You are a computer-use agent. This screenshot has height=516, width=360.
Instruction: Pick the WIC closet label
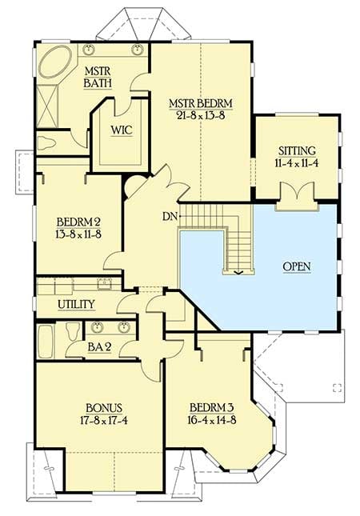click(x=121, y=130)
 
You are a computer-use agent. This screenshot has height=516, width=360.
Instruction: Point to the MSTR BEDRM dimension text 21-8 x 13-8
click(x=199, y=115)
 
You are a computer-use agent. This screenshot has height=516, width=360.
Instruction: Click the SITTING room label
click(x=296, y=150)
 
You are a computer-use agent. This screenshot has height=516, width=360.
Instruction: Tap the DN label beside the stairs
click(x=169, y=216)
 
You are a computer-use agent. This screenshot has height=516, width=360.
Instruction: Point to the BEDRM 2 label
click(x=78, y=222)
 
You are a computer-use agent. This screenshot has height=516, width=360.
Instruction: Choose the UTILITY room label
click(x=76, y=305)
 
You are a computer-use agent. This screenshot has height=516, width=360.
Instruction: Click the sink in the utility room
click(x=103, y=283)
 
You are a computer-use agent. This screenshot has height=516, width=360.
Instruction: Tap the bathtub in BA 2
click(x=47, y=341)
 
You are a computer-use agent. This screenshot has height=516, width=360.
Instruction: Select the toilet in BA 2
click(x=73, y=330)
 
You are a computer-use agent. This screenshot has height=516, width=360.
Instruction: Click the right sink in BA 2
click(x=124, y=326)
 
